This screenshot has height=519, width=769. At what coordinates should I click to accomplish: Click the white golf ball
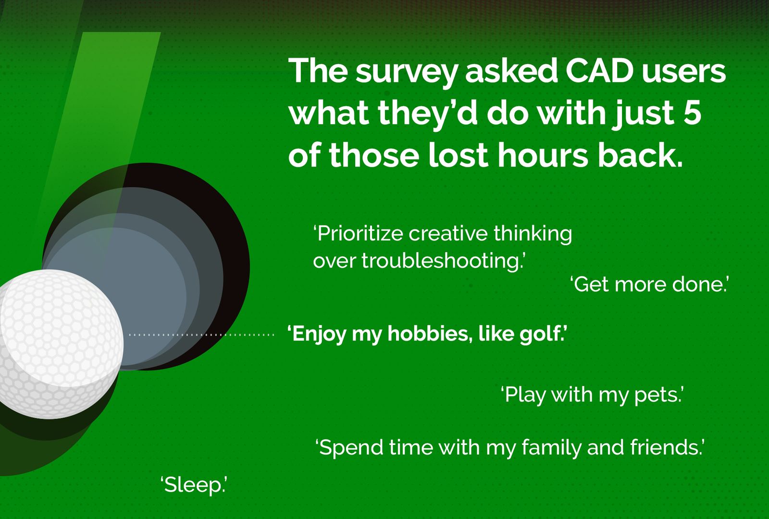pyautogui.click(x=58, y=344)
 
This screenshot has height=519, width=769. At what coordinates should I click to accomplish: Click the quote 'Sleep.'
pyautogui.click(x=193, y=485)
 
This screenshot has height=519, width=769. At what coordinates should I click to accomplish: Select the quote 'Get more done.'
pyautogui.click(x=649, y=284)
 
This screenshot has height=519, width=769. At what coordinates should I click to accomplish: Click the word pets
pyautogui.click(x=657, y=395)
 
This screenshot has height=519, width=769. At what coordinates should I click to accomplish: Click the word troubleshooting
pyautogui.click(x=441, y=261)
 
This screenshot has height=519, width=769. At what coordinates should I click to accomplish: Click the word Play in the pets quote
pyautogui.click(x=525, y=395)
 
